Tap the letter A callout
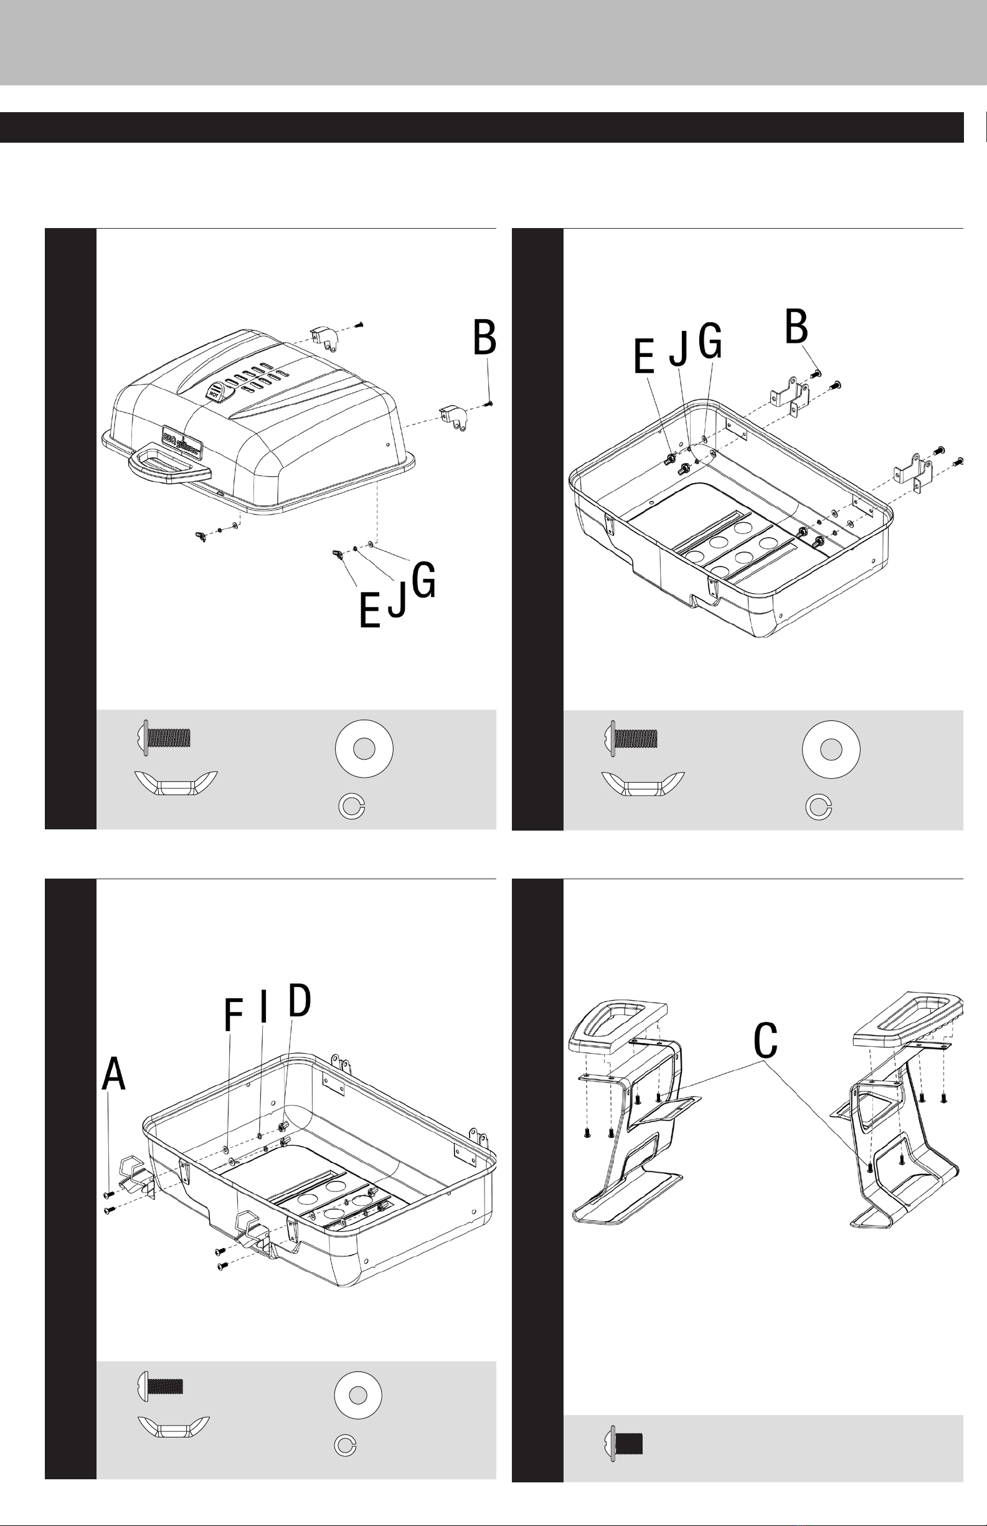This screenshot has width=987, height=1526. coord(113,1074)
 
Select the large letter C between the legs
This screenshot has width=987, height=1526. coord(765,1040)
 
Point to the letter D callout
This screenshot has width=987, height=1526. coord(300,1001)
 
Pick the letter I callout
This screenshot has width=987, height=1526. coord(263,1008)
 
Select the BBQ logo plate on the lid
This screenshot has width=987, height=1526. coord(182,442)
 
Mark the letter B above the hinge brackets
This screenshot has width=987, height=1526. coord(796,327)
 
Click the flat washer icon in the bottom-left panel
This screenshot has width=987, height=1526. coord(358,1395)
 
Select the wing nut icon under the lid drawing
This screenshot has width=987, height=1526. coord(176,783)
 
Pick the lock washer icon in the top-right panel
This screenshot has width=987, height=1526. coord(818,808)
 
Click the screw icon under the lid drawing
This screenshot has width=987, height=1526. coord(165,737)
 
